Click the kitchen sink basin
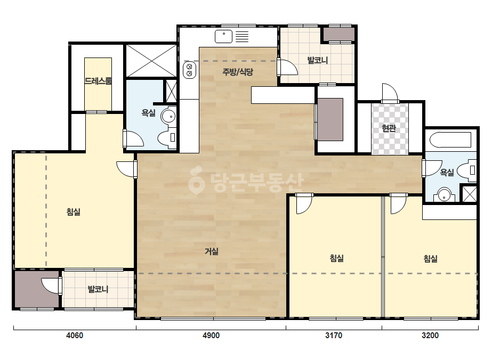(223, 36)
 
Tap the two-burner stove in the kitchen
(190, 70)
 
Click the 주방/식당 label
(238, 72)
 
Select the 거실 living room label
(212, 251)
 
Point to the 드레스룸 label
(98, 81)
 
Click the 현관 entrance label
(389, 128)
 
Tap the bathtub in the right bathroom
(450, 140)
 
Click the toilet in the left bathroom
(167, 138)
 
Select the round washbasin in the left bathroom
(168, 116)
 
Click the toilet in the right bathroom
(467, 170)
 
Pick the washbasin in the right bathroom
(444, 195)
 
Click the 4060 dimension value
(75, 336)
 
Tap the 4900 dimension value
(211, 336)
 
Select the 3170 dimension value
(334, 336)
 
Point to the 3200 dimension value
(430, 336)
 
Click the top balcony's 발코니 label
(318, 60)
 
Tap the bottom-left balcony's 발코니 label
(98, 289)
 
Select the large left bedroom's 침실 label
(74, 211)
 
